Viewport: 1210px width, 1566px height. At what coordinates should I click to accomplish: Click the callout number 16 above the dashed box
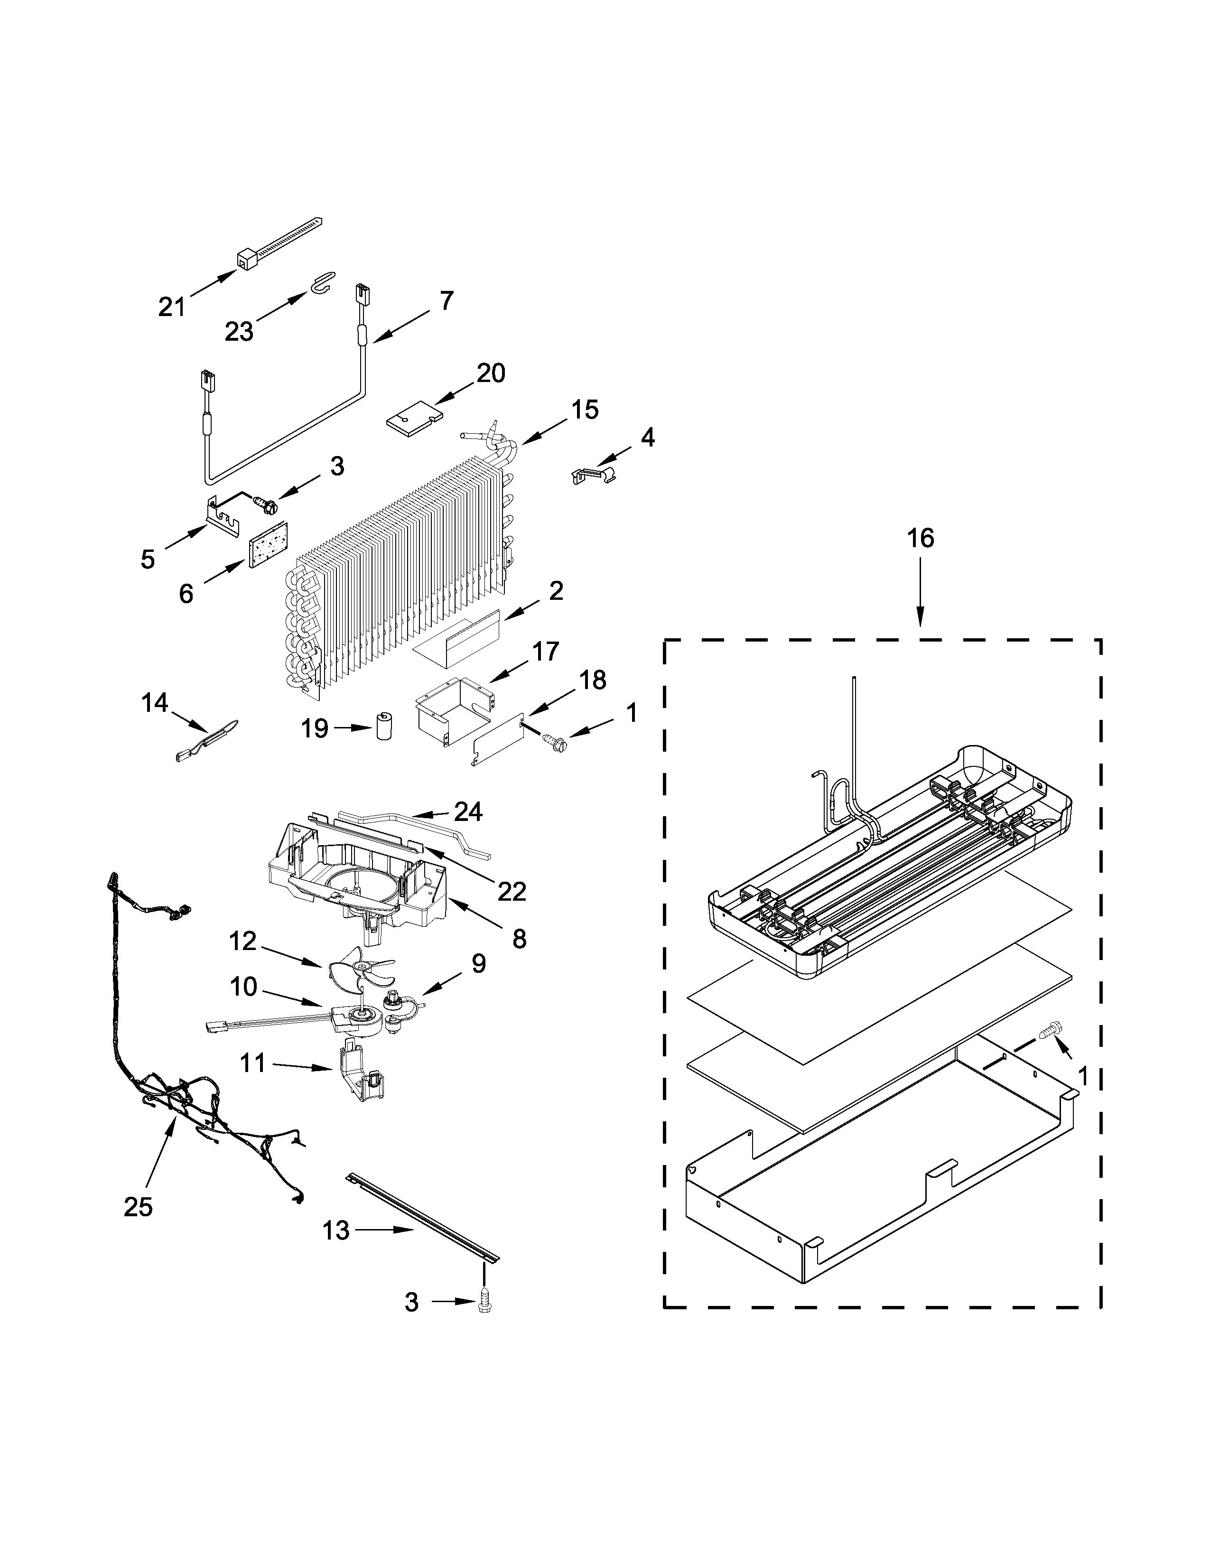coord(921,538)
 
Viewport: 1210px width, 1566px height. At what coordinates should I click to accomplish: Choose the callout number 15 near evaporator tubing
coord(585,410)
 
